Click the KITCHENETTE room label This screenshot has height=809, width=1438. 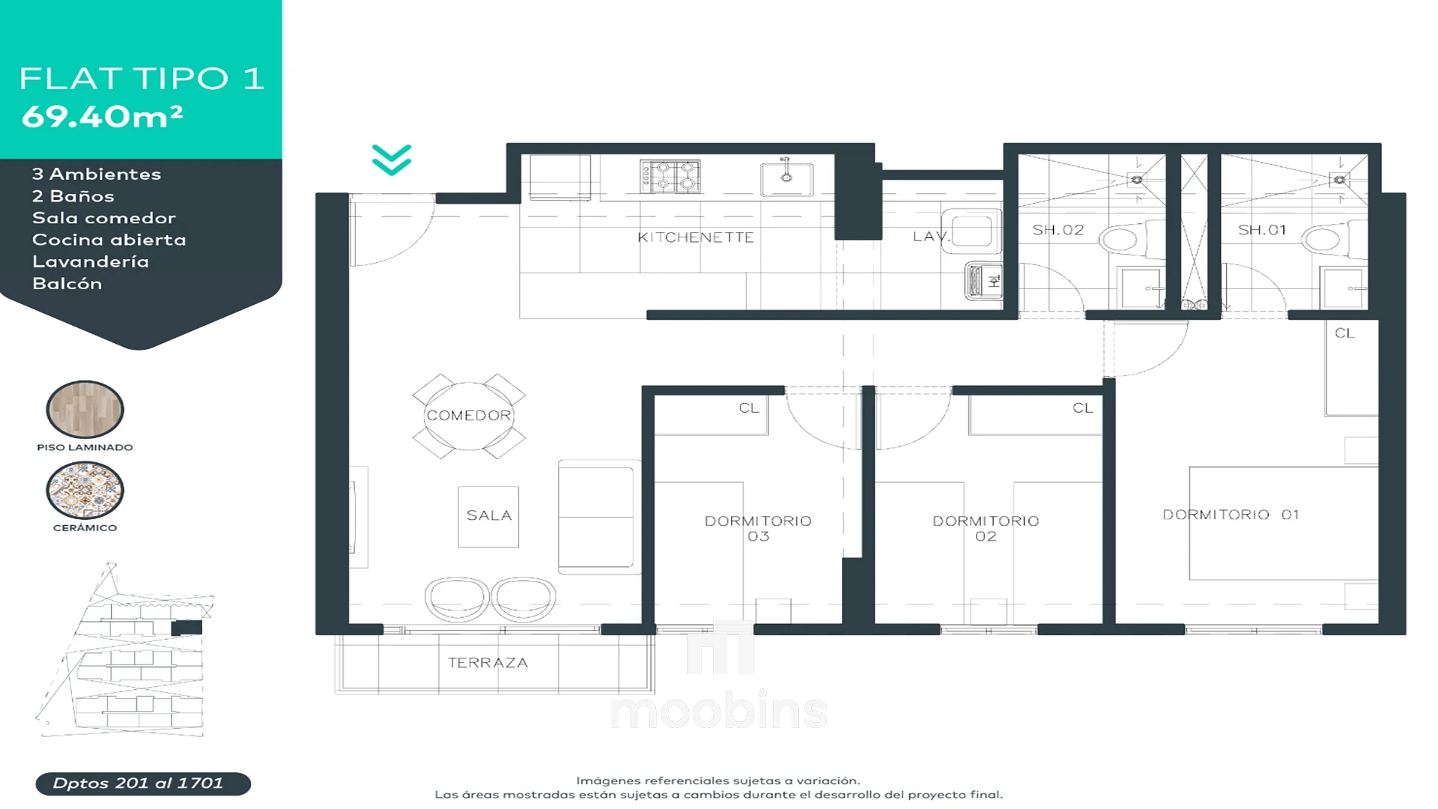pos(695,237)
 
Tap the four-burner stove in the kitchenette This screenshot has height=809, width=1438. pos(670,176)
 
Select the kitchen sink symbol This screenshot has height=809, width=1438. pos(786,178)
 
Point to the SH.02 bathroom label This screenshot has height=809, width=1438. pos(1058,230)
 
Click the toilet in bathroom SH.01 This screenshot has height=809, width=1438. pos(1329,239)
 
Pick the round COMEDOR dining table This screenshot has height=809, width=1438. pos(469,416)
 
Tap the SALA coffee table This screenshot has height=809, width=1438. pos(488,516)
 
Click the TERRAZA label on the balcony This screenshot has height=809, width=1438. pos(488,663)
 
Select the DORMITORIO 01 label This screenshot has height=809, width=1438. pos(1231,515)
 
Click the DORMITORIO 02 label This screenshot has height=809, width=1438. pos(986,528)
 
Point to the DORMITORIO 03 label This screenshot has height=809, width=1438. pos(758,528)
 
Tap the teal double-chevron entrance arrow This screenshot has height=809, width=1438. pos(392,160)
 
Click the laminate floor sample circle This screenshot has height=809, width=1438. pos(85,409)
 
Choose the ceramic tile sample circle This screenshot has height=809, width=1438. pos(85,490)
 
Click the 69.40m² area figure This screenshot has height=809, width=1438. pos(103,116)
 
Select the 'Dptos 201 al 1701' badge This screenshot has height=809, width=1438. pos(143,784)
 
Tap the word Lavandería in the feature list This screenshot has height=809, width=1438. pos(91,261)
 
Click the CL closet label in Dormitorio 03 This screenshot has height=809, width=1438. pos(749,408)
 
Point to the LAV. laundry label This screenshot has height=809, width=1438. pos(931,237)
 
